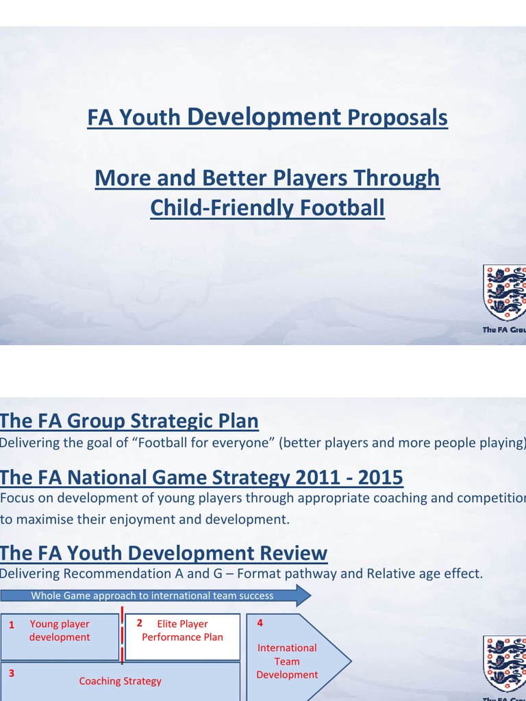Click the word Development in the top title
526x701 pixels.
coord(263,117)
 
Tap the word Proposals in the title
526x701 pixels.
coord(397,118)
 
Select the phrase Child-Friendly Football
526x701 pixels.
coord(267,208)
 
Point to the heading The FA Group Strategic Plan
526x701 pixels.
coord(129,420)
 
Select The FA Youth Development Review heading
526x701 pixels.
coord(164,552)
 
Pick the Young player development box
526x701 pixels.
coord(60,630)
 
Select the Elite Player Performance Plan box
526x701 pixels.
coord(182,630)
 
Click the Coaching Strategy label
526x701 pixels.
coord(121,680)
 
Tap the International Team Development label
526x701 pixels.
coord(287,661)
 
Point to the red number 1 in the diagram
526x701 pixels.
coord(12,625)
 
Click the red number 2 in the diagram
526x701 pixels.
coord(139,623)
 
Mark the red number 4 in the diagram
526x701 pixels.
coord(260,623)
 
